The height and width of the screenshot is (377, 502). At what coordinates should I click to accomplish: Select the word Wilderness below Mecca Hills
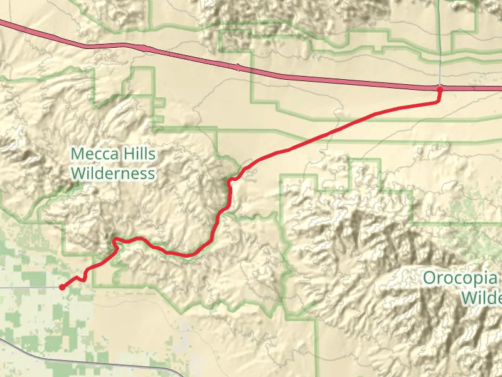pyautogui.click(x=113, y=173)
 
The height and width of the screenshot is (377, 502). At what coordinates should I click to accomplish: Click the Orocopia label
pyautogui.click(x=461, y=278)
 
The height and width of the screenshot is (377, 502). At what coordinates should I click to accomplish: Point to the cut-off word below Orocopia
pyautogui.click(x=481, y=297)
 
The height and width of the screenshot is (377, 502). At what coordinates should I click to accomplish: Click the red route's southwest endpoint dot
pyautogui.click(x=61, y=287)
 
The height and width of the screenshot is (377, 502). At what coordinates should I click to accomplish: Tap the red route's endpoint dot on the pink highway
pyautogui.click(x=440, y=89)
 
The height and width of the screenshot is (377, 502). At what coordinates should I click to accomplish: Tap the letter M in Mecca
pyautogui.click(x=77, y=154)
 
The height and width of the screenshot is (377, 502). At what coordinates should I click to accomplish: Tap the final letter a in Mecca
pyautogui.click(x=115, y=155)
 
